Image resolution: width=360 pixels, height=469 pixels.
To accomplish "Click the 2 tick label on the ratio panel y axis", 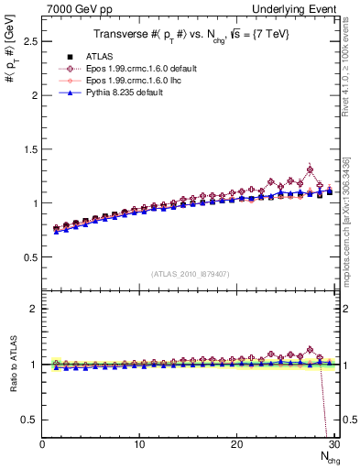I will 33,309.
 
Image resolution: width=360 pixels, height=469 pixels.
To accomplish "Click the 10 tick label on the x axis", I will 139,445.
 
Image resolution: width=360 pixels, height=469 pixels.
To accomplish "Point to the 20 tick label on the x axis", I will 236,445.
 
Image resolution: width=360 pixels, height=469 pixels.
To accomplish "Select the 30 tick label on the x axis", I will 333,445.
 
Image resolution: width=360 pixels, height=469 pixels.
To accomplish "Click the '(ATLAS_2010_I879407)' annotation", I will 191,272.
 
